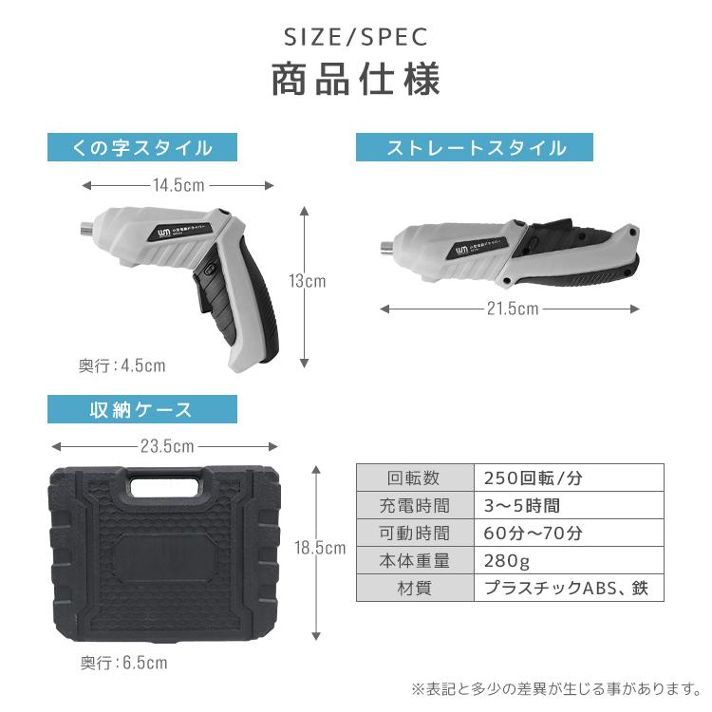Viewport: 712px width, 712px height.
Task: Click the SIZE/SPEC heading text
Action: [x=356, y=37]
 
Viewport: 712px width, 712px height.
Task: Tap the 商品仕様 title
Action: [x=356, y=80]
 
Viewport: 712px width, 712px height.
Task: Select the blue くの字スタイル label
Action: [x=142, y=147]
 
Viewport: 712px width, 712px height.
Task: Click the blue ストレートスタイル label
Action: [x=475, y=147]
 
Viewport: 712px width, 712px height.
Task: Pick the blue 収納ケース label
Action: [x=142, y=409]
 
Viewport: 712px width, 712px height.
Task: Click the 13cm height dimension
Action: [x=308, y=281]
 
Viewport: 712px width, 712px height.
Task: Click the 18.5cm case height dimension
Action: [x=320, y=548]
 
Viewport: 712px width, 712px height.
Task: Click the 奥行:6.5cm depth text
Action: [x=123, y=663]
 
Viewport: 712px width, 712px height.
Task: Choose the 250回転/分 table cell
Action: [x=536, y=478]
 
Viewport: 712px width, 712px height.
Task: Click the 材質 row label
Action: [x=414, y=588]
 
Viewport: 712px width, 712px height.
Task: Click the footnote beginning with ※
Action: [x=555, y=687]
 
